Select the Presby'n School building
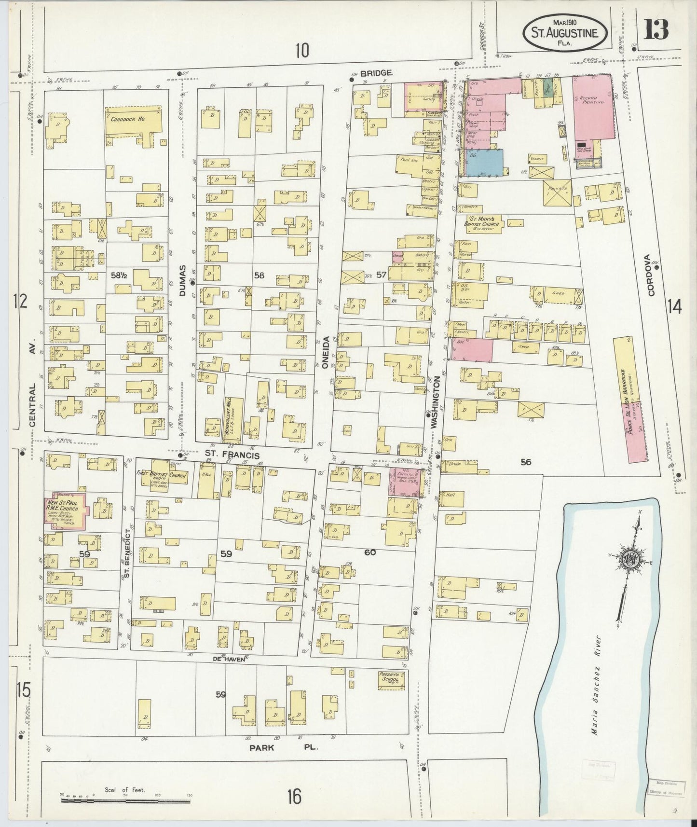coord(392,679)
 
